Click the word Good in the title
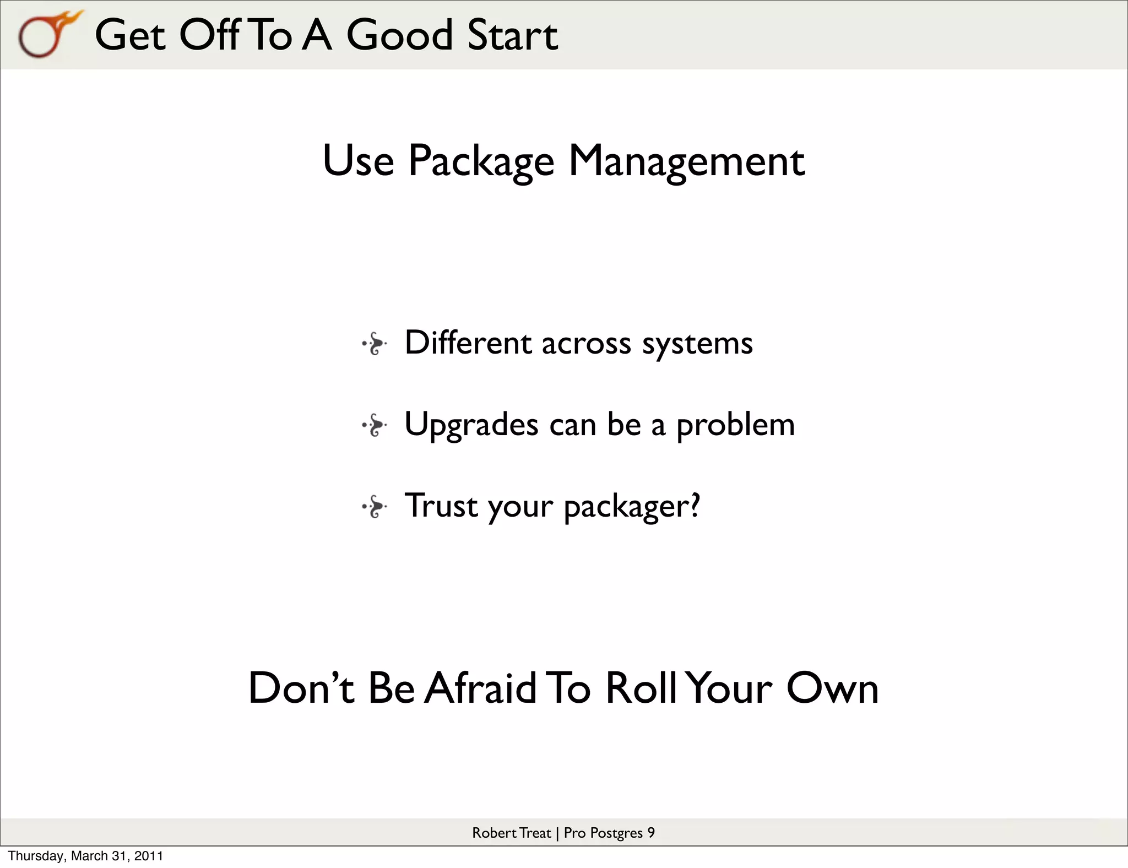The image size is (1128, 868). coord(399,35)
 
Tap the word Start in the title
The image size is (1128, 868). coord(512,35)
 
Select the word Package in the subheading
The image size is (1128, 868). coord(481,161)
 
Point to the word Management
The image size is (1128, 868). coord(686,161)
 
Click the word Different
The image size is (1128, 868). coord(468,343)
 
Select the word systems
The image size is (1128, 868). coord(697,344)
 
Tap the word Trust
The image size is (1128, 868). coord(441,506)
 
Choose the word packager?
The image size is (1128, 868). coord(632,507)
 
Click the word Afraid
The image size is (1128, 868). coord(480,688)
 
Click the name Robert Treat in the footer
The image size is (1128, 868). coord(511,833)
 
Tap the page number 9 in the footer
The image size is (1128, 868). coord(650,833)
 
